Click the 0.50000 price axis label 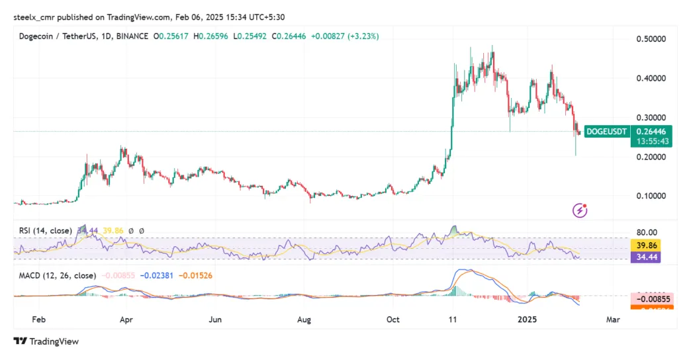(x=652, y=39)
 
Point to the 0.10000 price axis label (x=652, y=196)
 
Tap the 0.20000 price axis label (x=652, y=157)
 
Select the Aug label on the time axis (x=304, y=319)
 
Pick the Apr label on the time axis (x=126, y=319)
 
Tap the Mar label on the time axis (x=613, y=319)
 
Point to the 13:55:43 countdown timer (x=651, y=141)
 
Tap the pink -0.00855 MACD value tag (x=651, y=298)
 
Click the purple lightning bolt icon (x=580, y=210)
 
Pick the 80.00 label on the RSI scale (x=647, y=232)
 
